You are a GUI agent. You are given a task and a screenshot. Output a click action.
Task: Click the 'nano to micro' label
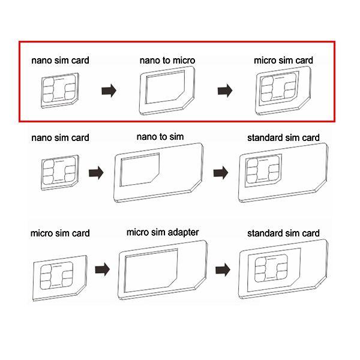coord(167,61)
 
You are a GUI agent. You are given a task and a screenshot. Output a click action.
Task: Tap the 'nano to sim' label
coord(160,137)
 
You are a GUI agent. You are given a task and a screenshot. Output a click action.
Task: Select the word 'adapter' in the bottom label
coord(183,233)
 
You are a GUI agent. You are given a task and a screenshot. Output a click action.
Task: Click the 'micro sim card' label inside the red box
coord(283,61)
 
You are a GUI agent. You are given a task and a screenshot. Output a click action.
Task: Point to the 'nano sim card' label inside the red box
coord(60,61)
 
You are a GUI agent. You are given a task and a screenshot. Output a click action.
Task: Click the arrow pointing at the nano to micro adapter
coord(109,91)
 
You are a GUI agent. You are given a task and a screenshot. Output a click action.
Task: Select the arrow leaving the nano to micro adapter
coord(225,91)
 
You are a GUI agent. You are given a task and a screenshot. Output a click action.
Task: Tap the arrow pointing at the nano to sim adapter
coord(96,173)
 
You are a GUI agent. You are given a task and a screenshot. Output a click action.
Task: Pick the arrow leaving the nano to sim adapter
coord(221,173)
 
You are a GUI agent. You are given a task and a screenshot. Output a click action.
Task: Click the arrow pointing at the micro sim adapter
coord(103,269)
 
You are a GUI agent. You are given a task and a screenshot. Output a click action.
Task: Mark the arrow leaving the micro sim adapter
coord(223,269)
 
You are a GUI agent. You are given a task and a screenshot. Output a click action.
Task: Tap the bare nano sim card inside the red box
coord(60,91)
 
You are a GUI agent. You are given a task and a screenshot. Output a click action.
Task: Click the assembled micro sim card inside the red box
coord(283,91)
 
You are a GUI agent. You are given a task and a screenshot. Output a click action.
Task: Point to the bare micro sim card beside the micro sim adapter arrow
coord(60,278)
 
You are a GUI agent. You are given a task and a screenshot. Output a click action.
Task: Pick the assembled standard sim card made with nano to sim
coord(283,173)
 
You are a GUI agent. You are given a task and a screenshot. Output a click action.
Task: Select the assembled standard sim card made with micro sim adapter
coord(283,269)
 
